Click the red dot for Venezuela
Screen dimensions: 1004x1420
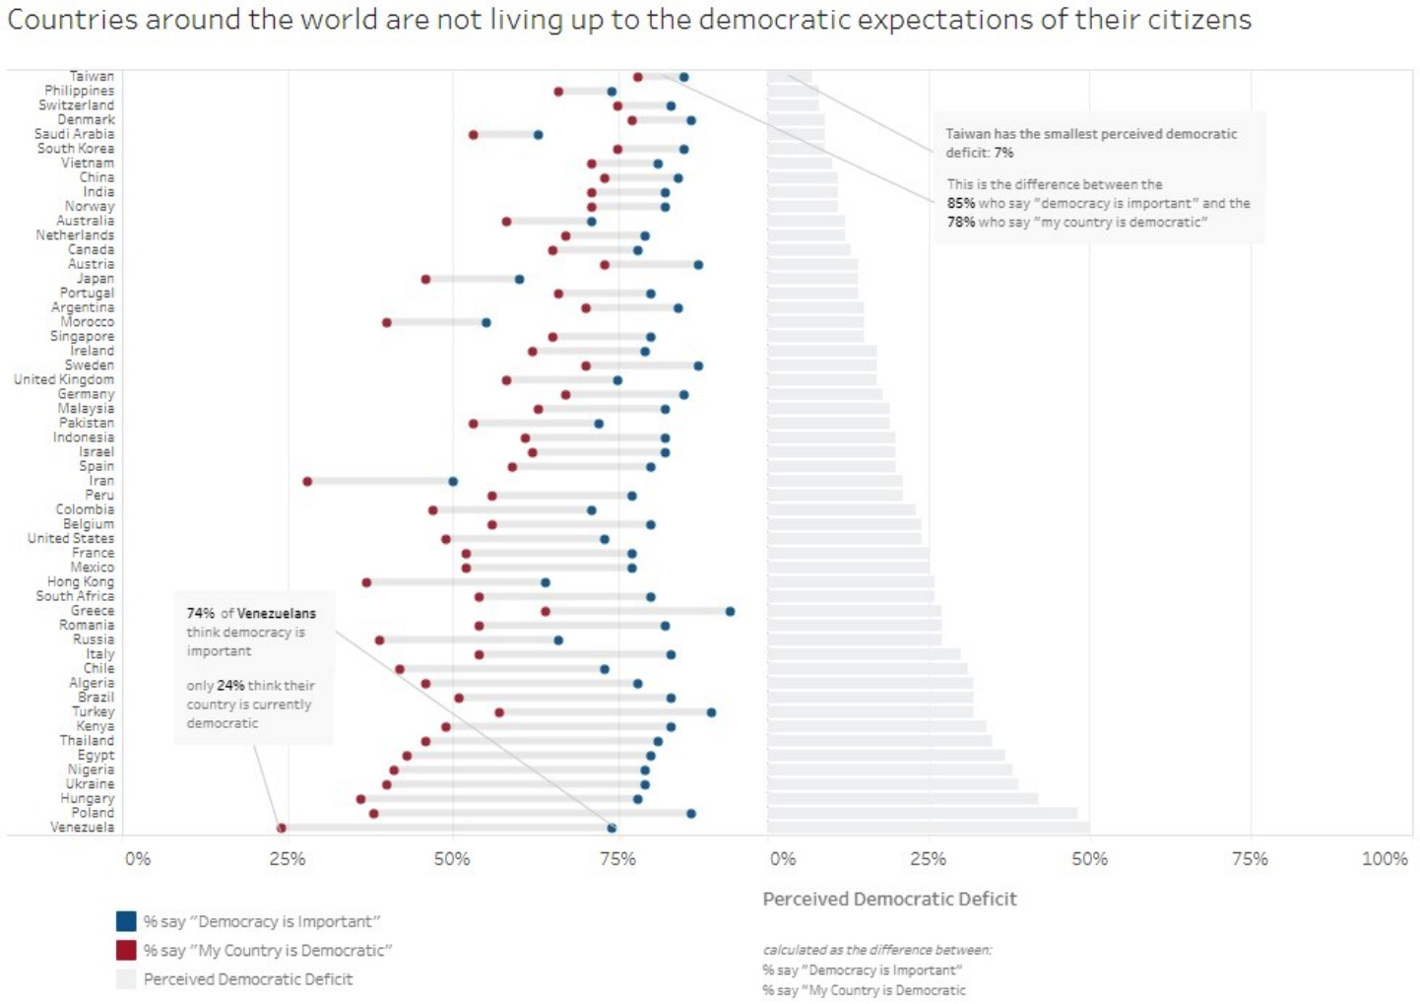pyautogui.click(x=282, y=829)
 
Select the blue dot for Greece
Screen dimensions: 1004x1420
pyautogui.click(x=730, y=612)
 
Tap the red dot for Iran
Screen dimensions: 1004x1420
pyautogui.click(x=307, y=482)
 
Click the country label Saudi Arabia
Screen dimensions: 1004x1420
pyautogui.click(x=74, y=134)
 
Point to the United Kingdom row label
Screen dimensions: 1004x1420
pyautogui.click(x=64, y=379)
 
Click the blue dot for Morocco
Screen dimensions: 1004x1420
pyautogui.click(x=486, y=322)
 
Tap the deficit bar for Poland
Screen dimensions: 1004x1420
pyautogui.click(x=922, y=814)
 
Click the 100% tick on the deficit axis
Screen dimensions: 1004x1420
pyautogui.click(x=1384, y=859)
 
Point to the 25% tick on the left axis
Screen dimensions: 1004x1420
pyautogui.click(x=288, y=859)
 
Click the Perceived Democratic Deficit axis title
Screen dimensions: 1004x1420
pyautogui.click(x=889, y=899)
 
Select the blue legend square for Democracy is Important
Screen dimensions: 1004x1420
pyautogui.click(x=126, y=921)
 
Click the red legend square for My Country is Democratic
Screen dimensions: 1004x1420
pyautogui.click(x=126, y=950)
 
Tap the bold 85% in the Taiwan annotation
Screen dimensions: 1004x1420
pyautogui.click(x=960, y=203)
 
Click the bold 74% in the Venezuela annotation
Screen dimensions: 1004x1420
pyautogui.click(x=201, y=613)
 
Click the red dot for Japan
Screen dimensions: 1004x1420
pyautogui.click(x=425, y=280)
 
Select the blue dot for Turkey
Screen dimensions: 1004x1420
pyautogui.click(x=711, y=712)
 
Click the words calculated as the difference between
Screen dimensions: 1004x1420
pyautogui.click(x=877, y=950)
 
